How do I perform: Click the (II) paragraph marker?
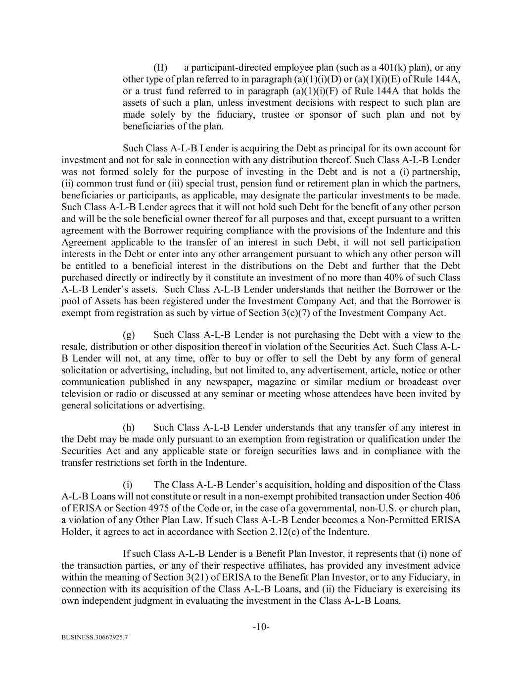[160, 67]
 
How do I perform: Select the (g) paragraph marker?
[128, 335]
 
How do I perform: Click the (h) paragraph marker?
[128, 427]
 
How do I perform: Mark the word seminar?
[260, 394]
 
